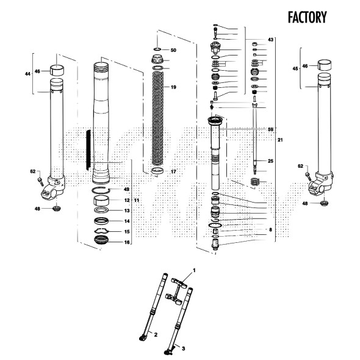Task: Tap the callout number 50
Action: (x=173, y=49)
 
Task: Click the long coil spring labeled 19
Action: (x=157, y=116)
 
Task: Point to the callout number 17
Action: (x=173, y=171)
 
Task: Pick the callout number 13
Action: (x=127, y=210)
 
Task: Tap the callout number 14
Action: (x=127, y=221)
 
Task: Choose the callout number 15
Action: (x=127, y=232)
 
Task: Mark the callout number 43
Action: (x=270, y=40)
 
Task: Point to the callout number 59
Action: (x=270, y=129)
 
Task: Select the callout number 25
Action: (x=270, y=161)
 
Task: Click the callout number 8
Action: (x=270, y=229)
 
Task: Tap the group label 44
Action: (x=27, y=74)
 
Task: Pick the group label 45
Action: (x=296, y=69)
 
